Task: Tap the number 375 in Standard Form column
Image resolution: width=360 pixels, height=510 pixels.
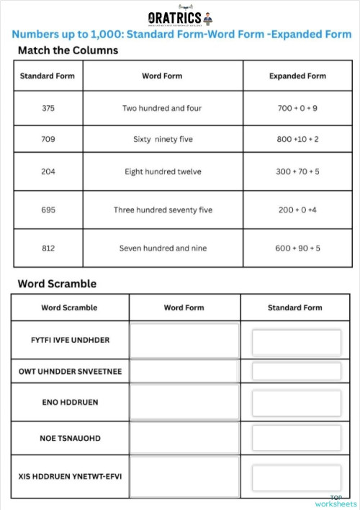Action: [x=48, y=108]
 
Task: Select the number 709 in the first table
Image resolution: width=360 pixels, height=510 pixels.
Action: [x=48, y=139]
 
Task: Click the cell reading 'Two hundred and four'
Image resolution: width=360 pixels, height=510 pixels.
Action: [x=162, y=108]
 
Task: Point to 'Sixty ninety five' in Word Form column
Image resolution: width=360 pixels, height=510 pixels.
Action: [x=163, y=139]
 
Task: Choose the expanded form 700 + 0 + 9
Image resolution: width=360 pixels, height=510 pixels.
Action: [x=297, y=108]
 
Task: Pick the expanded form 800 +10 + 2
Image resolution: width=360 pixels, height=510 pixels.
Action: [x=297, y=139]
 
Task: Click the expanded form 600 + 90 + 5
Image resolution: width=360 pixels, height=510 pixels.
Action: [x=297, y=248]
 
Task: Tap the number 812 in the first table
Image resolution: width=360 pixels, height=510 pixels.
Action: [x=48, y=248]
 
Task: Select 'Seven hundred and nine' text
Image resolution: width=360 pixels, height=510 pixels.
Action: [x=163, y=248]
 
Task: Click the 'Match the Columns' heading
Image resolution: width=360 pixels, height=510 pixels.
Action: [x=68, y=50]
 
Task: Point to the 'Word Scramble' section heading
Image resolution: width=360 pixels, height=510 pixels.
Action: [x=57, y=283]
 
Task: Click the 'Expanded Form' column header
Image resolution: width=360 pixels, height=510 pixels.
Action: [x=297, y=76]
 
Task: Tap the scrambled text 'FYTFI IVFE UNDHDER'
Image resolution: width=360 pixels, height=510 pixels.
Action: [x=70, y=339]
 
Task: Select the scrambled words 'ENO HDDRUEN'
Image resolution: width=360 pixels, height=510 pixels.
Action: [x=70, y=403]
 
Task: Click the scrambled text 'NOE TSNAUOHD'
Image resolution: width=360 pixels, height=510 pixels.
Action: [x=70, y=438]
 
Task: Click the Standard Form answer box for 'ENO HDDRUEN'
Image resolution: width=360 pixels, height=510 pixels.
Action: [x=296, y=403]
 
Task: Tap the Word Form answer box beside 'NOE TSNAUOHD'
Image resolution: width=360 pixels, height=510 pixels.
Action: [x=184, y=438]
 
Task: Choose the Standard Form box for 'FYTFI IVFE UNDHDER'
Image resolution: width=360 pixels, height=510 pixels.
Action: [x=296, y=341]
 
